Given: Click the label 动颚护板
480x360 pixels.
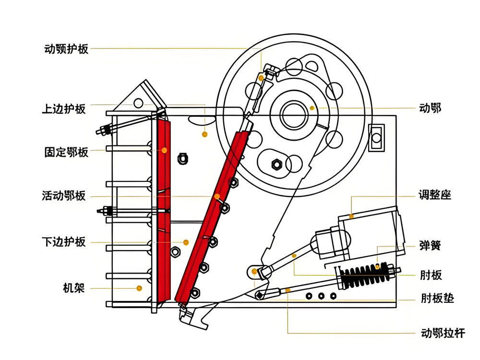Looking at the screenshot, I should click(x=66, y=49).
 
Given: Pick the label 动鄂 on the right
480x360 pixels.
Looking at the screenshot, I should click(x=430, y=108).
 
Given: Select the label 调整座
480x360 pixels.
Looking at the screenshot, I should click(x=435, y=196).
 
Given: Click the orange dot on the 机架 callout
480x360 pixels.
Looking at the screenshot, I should click(x=139, y=288).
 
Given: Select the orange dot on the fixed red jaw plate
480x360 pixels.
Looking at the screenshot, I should click(x=164, y=150).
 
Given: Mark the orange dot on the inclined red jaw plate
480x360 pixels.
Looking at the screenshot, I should click(x=217, y=196).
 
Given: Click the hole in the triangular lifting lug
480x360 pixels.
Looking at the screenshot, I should click(x=138, y=102).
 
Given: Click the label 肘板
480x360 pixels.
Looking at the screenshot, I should click(x=430, y=276).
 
